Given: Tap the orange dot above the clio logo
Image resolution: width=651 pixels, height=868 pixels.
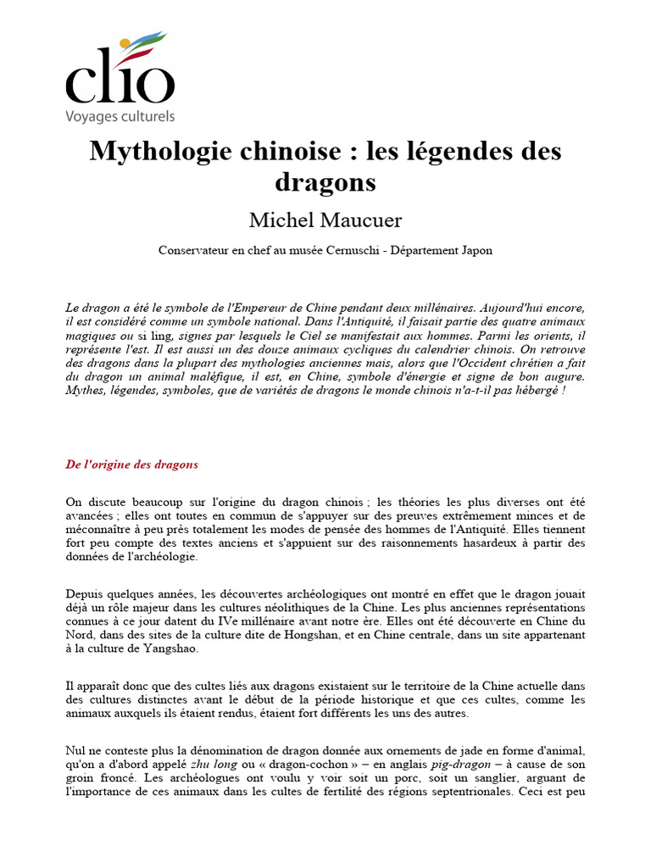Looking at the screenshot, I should click(125, 42).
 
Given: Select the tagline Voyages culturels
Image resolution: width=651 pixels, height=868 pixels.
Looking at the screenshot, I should click(120, 116).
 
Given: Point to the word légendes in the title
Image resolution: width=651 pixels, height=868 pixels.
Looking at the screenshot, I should click(438, 152).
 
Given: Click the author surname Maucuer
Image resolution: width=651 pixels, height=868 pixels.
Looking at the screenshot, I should click(360, 220).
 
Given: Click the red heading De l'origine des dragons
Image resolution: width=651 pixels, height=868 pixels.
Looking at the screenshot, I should click(131, 465).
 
